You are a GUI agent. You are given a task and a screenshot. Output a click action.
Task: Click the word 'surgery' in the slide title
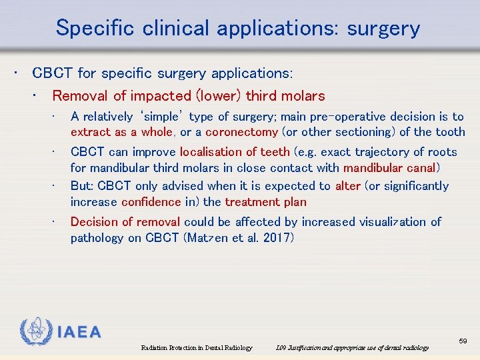[x=383, y=29]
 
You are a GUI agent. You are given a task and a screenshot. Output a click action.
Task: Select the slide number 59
[x=463, y=341]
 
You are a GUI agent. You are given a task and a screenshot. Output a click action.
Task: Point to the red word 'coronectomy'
[x=242, y=132]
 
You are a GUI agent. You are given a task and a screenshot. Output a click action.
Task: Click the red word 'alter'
[x=347, y=186]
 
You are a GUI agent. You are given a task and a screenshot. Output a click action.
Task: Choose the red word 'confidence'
[x=152, y=202]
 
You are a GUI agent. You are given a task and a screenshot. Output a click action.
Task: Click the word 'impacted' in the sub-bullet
[x=163, y=96]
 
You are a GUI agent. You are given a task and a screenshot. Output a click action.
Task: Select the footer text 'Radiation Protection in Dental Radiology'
[x=197, y=348]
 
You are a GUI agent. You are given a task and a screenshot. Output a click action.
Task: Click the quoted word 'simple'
[x=160, y=117]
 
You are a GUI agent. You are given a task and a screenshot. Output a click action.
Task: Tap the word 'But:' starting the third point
[x=82, y=186]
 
